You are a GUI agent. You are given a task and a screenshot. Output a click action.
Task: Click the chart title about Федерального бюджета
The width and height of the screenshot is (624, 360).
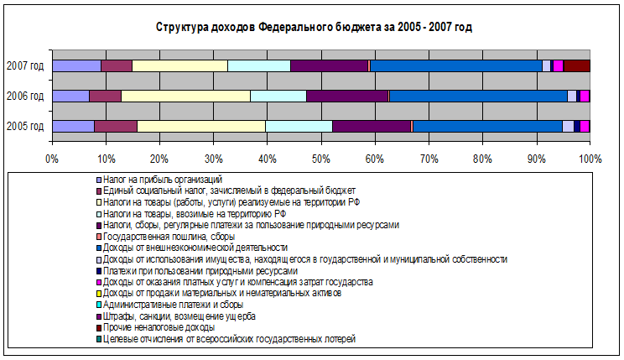(314, 28)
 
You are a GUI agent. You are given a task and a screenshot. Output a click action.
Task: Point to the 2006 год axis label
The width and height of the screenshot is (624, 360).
(25, 97)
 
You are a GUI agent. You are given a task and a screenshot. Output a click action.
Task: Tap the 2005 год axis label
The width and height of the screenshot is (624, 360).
(25, 127)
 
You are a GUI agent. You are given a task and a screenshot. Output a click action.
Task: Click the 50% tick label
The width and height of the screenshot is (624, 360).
(320, 158)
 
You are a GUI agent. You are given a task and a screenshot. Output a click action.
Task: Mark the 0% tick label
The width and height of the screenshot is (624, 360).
(52, 158)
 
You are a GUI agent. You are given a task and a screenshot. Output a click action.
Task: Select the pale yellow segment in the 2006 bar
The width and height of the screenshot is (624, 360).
(185, 97)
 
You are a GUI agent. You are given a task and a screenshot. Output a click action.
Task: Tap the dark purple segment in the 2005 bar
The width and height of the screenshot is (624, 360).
(372, 127)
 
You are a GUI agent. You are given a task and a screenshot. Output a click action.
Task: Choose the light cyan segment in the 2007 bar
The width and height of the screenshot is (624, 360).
(258, 66)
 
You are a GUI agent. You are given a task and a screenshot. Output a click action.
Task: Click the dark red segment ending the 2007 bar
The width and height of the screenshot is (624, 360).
(577, 66)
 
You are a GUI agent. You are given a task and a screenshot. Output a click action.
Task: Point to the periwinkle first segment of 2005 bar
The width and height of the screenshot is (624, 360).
(73, 127)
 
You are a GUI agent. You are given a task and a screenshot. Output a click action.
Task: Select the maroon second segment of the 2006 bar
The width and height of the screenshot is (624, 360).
(105, 97)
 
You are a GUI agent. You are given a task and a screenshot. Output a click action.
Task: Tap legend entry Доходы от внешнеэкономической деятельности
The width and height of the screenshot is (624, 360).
(196, 248)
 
